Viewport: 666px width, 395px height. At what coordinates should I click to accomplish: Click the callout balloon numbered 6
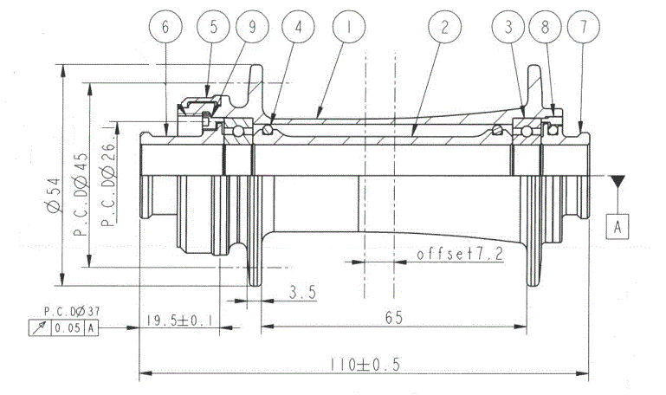165,27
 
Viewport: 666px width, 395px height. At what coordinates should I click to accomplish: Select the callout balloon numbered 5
214,27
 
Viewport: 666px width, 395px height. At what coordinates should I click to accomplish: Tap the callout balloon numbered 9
252,27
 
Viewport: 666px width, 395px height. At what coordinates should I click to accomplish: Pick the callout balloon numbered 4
298,27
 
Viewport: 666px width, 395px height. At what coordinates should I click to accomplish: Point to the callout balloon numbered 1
349,27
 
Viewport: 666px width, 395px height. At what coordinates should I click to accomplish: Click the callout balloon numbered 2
444,27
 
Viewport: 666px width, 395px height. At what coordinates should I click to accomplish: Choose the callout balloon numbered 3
508,27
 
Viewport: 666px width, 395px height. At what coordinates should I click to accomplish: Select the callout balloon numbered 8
545,27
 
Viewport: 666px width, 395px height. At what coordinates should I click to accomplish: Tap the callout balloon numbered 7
584,27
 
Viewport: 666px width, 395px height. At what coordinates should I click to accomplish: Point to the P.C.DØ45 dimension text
81,194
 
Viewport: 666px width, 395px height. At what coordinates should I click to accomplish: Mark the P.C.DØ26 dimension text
108,185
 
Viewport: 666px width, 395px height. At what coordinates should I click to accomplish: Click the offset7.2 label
460,255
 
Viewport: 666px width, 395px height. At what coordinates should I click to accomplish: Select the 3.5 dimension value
303,292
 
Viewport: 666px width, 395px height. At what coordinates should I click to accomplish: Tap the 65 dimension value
394,317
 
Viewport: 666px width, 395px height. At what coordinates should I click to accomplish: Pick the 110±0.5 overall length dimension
365,365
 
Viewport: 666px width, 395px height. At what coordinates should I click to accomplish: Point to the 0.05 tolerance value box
68,328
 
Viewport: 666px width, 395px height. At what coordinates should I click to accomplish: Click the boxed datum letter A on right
618,227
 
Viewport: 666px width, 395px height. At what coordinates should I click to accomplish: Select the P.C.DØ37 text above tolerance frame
72,311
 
